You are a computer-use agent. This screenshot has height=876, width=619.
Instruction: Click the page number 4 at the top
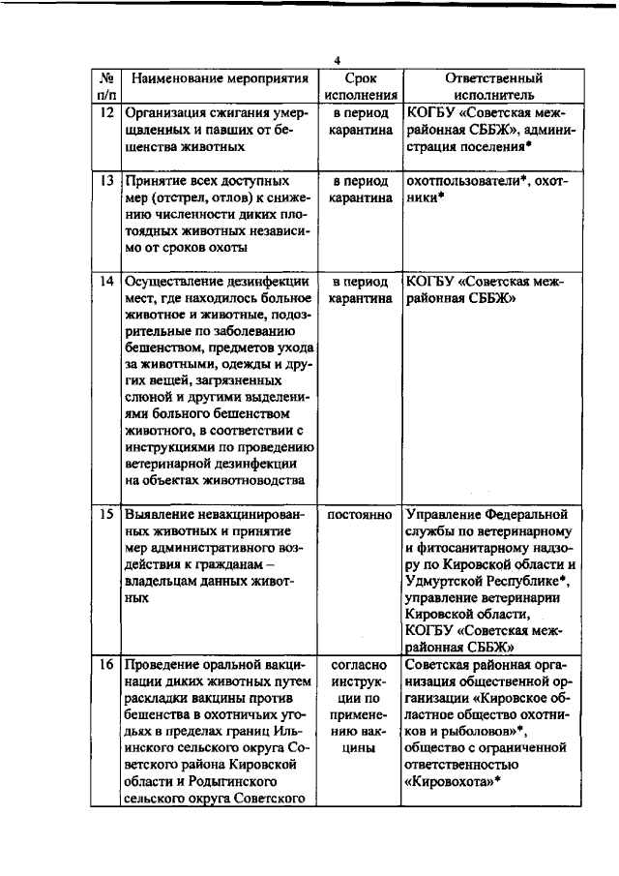tap(337, 60)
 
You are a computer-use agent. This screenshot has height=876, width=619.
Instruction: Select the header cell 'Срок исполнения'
tap(360, 87)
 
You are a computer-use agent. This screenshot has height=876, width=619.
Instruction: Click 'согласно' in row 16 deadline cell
tap(360, 666)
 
